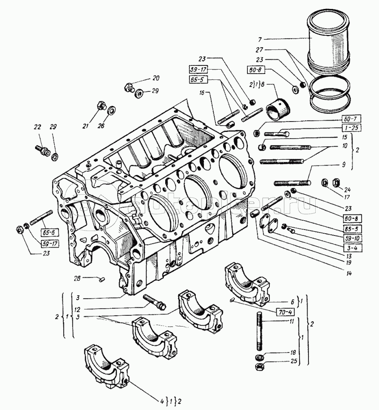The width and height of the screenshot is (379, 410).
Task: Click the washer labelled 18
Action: coord(260,357)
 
